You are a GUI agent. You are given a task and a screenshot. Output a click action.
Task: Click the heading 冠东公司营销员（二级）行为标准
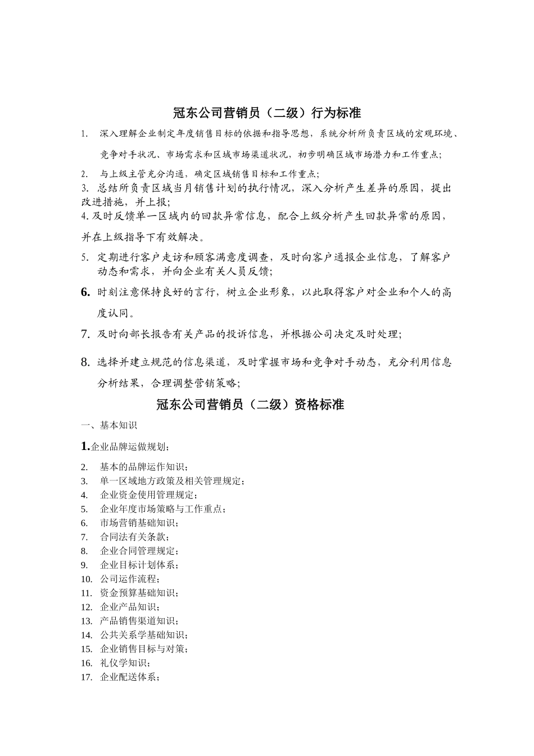tap(266, 113)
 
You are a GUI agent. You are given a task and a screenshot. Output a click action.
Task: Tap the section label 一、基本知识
tap(109, 426)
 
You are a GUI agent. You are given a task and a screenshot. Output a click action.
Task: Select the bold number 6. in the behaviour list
tap(86, 292)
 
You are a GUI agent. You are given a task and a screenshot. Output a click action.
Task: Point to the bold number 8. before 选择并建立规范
tap(86, 362)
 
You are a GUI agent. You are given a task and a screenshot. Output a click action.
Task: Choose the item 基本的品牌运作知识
tap(144, 467)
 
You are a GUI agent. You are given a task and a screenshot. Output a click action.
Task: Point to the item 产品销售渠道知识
tap(139, 621)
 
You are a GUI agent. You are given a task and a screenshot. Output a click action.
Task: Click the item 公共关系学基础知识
tap(144, 635)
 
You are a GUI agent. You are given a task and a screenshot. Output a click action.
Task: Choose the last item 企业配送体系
tap(130, 677)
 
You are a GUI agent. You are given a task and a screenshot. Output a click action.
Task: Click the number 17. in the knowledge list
tap(87, 677)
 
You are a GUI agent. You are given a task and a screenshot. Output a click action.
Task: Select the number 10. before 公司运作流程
tap(87, 579)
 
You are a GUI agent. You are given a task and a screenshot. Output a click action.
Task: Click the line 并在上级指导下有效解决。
tap(143, 236)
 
